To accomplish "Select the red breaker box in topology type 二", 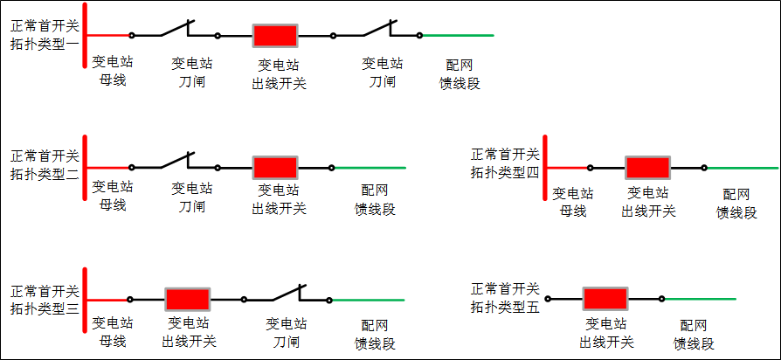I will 275,168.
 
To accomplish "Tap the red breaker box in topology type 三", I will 188,299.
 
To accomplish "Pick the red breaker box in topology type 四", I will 648,168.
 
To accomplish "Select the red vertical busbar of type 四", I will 545,168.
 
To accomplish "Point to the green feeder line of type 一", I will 458,36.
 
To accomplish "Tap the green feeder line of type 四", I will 743,168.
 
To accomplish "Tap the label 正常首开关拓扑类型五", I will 506,298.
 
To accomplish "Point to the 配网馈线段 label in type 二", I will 375,199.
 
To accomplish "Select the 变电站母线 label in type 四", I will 573,202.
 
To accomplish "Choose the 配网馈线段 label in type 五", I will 694,334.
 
